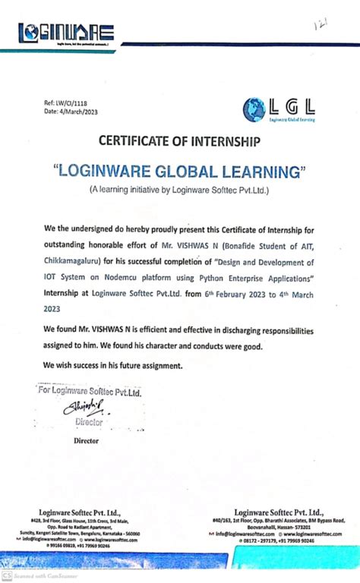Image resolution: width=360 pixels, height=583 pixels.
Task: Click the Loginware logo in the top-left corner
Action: point(67,33)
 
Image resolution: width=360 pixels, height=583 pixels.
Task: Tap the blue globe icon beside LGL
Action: point(254,110)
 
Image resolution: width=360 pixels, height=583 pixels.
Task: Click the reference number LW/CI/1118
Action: point(65,103)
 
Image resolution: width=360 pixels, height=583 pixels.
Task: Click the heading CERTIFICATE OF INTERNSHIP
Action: point(179,142)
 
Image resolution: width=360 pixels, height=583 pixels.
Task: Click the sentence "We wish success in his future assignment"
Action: point(114,365)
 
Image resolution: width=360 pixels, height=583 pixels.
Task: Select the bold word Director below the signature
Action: point(86,440)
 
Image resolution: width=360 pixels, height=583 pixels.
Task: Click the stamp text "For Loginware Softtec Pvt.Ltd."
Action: point(91,392)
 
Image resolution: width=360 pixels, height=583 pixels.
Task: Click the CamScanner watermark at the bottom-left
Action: point(38,575)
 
